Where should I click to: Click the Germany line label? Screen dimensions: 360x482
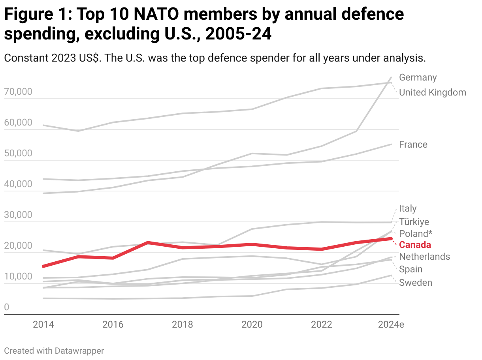(418, 77)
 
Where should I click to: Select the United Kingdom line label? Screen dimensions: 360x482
(432, 92)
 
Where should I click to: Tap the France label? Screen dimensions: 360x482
(413, 144)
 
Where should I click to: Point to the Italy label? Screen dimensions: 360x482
(408, 208)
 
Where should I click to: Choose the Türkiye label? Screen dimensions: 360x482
(414, 222)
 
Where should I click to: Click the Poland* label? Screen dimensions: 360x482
(416, 233)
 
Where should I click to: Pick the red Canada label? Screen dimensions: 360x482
(415, 245)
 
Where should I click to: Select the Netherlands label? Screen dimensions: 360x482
(424, 257)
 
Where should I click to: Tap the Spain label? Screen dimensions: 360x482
(410, 269)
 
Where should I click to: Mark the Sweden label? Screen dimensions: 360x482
(415, 283)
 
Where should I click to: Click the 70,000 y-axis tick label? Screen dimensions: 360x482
(18, 92)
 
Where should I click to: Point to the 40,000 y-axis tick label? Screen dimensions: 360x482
(18, 184)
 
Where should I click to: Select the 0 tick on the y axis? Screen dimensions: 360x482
(6, 307)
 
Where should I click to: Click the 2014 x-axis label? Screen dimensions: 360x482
(43, 325)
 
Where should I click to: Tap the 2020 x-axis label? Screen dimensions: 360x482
(252, 325)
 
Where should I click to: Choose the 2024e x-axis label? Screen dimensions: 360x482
(391, 325)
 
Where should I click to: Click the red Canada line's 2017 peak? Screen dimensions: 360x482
(147, 242)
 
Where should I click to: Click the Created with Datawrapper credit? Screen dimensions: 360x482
(54, 351)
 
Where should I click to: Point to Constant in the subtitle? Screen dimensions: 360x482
(26, 58)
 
